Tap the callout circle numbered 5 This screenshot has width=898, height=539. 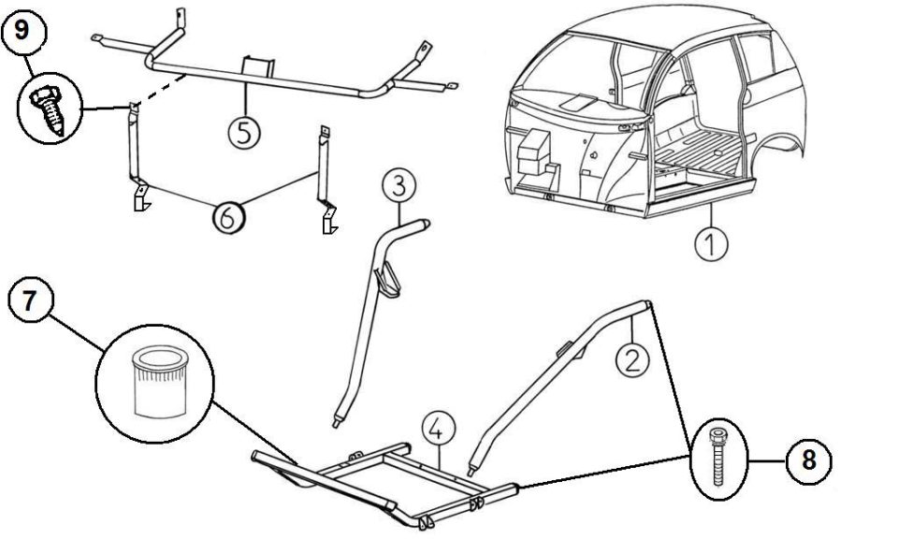click(244, 133)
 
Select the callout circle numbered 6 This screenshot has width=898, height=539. click(228, 218)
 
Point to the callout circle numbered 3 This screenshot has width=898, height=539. click(398, 185)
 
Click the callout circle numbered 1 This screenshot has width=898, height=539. click(711, 244)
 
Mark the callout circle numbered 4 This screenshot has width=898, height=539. click(439, 430)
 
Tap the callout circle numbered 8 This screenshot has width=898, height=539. click(808, 460)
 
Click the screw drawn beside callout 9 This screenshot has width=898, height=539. click(50, 111)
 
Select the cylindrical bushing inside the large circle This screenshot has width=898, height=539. click(160, 381)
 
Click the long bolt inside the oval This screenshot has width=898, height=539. click(718, 459)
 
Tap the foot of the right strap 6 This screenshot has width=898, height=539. click(329, 219)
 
